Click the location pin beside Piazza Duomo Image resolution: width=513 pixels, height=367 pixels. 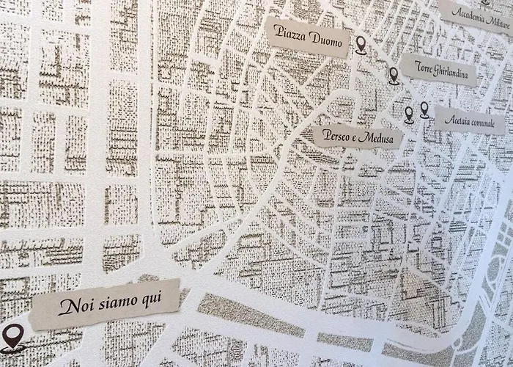click(x=361, y=46)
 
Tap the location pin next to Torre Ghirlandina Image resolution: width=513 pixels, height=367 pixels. click(x=394, y=75)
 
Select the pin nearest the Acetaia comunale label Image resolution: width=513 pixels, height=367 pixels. click(x=424, y=110)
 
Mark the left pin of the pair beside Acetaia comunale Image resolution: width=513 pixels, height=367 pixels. click(x=409, y=114)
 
